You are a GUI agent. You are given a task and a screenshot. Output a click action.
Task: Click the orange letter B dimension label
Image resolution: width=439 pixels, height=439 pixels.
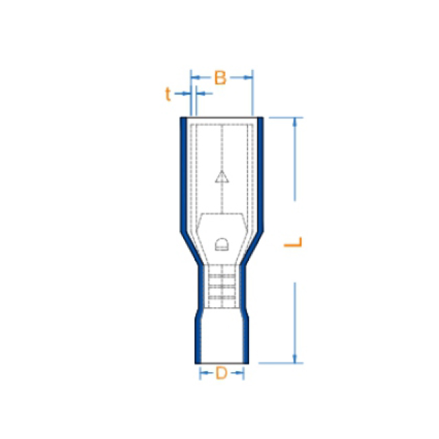tap(220, 78)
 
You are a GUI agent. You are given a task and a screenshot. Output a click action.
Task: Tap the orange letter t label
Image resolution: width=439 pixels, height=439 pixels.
tap(167, 94)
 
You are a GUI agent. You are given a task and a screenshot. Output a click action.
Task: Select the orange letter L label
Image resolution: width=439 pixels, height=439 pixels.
tap(293, 242)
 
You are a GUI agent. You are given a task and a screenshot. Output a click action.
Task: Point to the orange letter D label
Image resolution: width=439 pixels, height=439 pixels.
tap(221, 373)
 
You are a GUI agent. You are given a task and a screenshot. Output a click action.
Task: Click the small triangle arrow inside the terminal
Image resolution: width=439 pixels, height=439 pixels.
tap(222, 177)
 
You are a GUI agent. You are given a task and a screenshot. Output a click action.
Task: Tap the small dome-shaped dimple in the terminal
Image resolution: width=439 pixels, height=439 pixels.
tap(222, 244)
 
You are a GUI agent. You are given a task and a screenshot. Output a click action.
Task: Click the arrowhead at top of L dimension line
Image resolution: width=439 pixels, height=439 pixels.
tap(294, 122)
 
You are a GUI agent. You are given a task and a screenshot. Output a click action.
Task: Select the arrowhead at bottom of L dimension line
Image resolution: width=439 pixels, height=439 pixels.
tap(294, 359)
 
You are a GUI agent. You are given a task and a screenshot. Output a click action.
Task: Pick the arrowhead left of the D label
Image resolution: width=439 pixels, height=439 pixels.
tap(204, 372)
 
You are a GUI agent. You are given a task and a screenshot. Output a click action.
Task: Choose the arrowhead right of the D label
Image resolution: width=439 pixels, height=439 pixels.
tap(240, 372)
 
